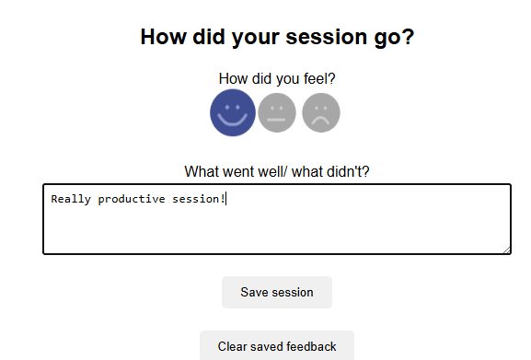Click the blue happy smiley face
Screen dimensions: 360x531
click(233, 112)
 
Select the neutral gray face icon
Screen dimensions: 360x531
click(277, 112)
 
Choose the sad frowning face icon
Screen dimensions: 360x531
click(320, 112)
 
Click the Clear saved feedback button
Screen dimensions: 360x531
click(277, 346)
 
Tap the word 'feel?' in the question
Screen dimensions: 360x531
click(317, 79)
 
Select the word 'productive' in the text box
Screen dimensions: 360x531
click(131, 198)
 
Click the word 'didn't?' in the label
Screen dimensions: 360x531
click(348, 171)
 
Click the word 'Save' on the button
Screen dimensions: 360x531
click(255, 293)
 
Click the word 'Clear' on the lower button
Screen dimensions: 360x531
click(233, 347)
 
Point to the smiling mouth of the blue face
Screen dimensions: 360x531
click(233, 121)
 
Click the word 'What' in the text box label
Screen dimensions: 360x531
click(202, 171)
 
